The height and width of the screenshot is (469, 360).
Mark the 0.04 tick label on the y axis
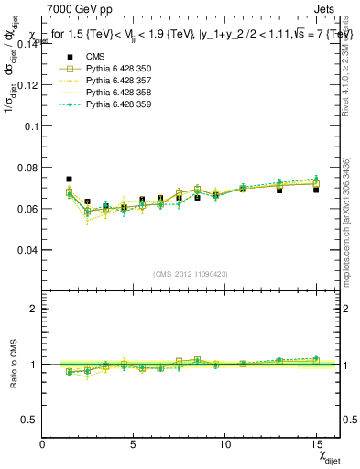pyautogui.click(x=27, y=250)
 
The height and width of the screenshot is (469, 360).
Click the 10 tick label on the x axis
pyautogui.click(x=224, y=443)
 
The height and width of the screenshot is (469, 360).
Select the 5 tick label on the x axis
pyautogui.click(x=134, y=443)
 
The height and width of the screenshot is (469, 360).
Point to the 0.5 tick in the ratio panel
pyautogui.click(x=29, y=420)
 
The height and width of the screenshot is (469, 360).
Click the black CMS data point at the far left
pyautogui.click(x=69, y=180)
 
